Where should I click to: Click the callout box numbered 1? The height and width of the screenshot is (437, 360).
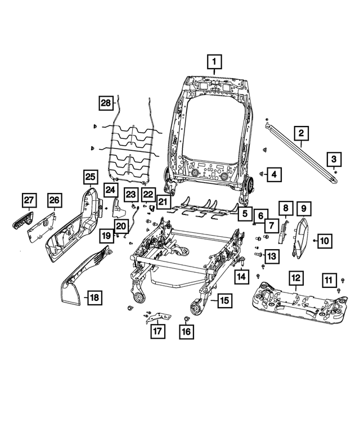(x=214, y=60)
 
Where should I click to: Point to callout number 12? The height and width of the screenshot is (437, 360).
(x=295, y=277)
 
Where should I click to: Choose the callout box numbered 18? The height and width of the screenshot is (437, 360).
(x=94, y=297)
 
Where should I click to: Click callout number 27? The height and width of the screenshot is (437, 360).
(x=28, y=200)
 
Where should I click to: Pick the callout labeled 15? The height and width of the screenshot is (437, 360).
(x=224, y=301)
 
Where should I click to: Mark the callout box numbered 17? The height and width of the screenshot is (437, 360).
(x=158, y=331)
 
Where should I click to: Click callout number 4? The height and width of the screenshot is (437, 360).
(x=274, y=174)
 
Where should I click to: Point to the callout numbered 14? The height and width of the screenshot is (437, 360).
(x=241, y=276)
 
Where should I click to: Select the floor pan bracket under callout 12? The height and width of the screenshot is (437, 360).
(x=292, y=303)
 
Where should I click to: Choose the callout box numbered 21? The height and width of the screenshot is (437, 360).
(x=163, y=201)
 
